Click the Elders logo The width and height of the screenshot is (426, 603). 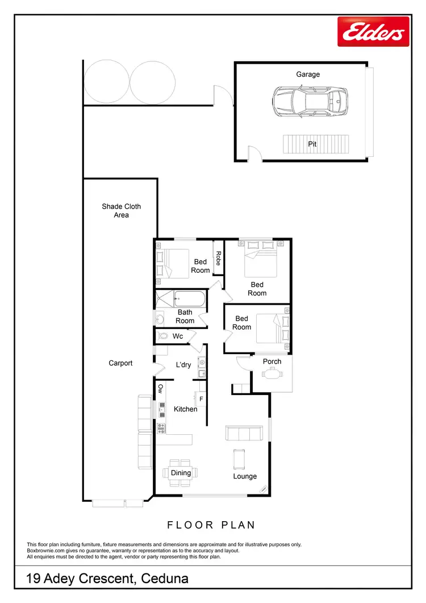373,31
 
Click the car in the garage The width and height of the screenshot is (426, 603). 309,102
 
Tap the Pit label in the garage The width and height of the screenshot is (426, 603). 312,144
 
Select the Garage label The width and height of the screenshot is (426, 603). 308,74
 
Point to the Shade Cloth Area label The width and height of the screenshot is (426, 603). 121,211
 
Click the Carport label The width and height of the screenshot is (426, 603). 120,363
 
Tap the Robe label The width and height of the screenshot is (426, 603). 218,259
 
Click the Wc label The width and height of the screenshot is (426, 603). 178,336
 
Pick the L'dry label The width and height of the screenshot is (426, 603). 183,365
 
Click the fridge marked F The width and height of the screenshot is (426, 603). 201,399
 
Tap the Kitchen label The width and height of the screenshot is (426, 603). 185,409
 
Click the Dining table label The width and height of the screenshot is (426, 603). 181,473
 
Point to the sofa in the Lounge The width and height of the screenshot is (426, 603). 244,433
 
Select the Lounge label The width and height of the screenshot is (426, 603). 245,476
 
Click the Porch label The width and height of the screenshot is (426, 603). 272,361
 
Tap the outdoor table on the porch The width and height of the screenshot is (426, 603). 272,373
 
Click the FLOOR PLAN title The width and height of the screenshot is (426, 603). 211,525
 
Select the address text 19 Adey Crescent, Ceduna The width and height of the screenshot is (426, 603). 108,579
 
